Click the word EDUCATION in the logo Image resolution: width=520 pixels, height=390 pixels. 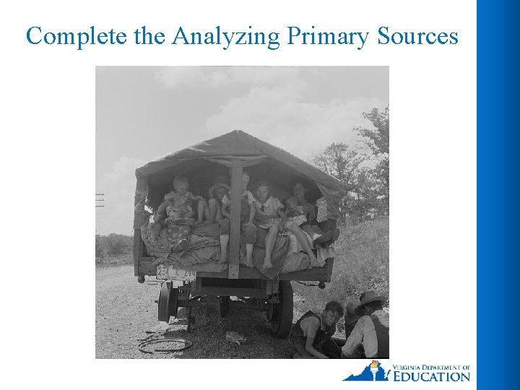point(431,376)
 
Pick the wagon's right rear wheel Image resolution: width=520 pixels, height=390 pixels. point(282,306)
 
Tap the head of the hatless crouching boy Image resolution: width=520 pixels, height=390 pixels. point(332,311)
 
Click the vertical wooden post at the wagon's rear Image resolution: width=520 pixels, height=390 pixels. point(235,220)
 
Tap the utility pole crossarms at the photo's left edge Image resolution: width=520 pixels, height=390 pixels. point(100,199)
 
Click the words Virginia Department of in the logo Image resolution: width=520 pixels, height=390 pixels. point(431,367)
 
